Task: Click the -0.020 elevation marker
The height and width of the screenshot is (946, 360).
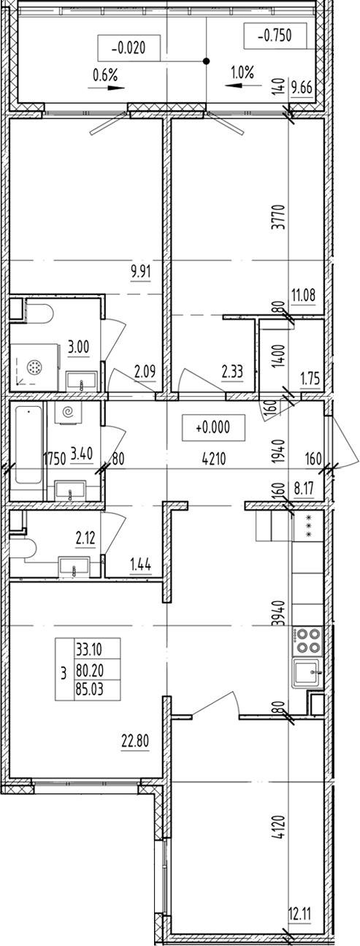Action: pos(129,47)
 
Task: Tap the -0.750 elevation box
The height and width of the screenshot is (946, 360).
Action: pos(275,36)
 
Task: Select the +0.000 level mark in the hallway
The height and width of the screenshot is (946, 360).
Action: pos(213,427)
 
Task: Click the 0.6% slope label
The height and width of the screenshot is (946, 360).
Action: pos(105,75)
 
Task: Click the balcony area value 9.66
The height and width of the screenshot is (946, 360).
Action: pos(302,88)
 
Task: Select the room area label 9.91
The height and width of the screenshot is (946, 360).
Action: pos(140,272)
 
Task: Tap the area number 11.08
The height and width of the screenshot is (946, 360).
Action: pos(304,295)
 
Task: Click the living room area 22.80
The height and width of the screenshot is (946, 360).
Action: pos(135,741)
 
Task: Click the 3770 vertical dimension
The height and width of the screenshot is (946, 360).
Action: pos(278,217)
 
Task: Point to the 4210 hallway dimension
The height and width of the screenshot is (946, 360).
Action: pos(215,459)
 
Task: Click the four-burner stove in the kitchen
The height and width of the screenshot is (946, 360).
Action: pos(307,641)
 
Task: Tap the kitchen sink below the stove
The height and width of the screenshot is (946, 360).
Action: pos(307,674)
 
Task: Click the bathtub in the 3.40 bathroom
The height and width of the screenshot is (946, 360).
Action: pos(28,451)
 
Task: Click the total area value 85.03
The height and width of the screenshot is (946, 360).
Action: pos(90,690)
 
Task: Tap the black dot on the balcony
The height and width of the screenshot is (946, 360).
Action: pos(206,61)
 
